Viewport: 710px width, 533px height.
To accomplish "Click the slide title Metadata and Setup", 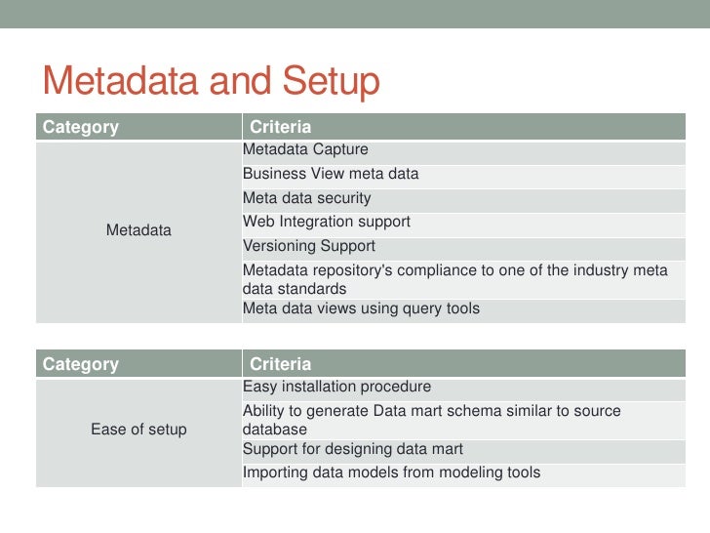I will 209,82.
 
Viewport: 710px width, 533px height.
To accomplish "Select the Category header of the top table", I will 81,127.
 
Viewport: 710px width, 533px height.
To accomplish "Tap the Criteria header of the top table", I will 280,127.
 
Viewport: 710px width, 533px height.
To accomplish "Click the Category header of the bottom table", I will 81,364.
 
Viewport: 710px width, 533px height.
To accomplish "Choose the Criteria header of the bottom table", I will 280,364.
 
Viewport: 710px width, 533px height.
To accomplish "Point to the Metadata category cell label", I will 138,230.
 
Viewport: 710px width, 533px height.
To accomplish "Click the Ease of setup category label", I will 138,430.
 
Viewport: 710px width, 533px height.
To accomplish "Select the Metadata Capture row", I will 305,150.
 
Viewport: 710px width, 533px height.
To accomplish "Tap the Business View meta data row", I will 331,174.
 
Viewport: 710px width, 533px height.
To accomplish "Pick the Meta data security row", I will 306,198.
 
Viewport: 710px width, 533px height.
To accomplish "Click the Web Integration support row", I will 326,222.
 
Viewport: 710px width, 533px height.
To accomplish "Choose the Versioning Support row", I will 308,246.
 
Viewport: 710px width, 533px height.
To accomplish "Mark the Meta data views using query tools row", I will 361,308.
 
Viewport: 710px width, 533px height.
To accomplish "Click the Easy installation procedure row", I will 336,388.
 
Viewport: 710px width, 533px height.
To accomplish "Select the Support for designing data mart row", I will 352,450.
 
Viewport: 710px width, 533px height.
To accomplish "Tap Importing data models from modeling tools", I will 391,473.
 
